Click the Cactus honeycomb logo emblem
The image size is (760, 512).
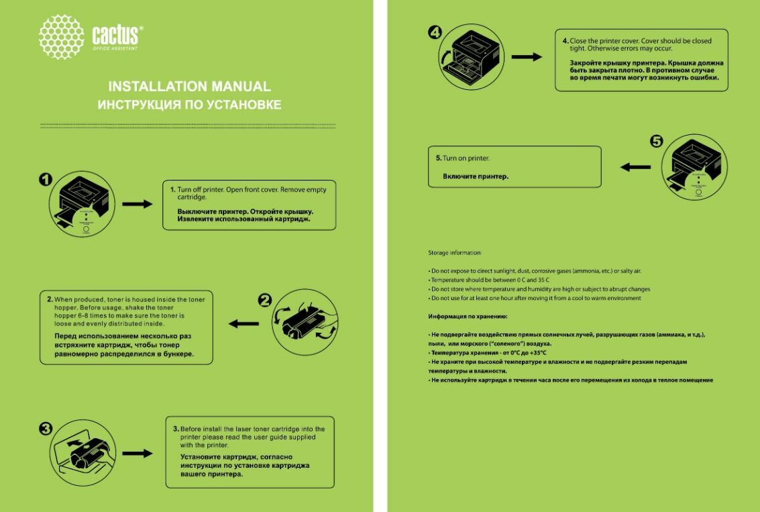tap(62, 37)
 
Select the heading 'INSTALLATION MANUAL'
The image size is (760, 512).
tap(190, 87)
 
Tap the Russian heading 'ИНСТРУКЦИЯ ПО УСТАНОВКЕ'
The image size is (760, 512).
tap(189, 105)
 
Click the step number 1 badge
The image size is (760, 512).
tap(45, 179)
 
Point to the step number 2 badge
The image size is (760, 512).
tap(265, 301)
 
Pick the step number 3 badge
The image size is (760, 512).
tap(45, 429)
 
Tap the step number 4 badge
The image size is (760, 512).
tap(435, 31)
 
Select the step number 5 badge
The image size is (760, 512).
tap(656, 141)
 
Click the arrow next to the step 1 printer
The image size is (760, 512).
tap(138, 204)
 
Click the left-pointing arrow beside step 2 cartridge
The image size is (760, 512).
tap(243, 324)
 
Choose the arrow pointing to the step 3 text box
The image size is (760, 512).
tap(138, 453)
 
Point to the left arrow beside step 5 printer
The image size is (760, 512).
tap(635, 166)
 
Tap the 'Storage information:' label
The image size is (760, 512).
tap(455, 253)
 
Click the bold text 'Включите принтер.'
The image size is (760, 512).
tap(476, 176)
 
